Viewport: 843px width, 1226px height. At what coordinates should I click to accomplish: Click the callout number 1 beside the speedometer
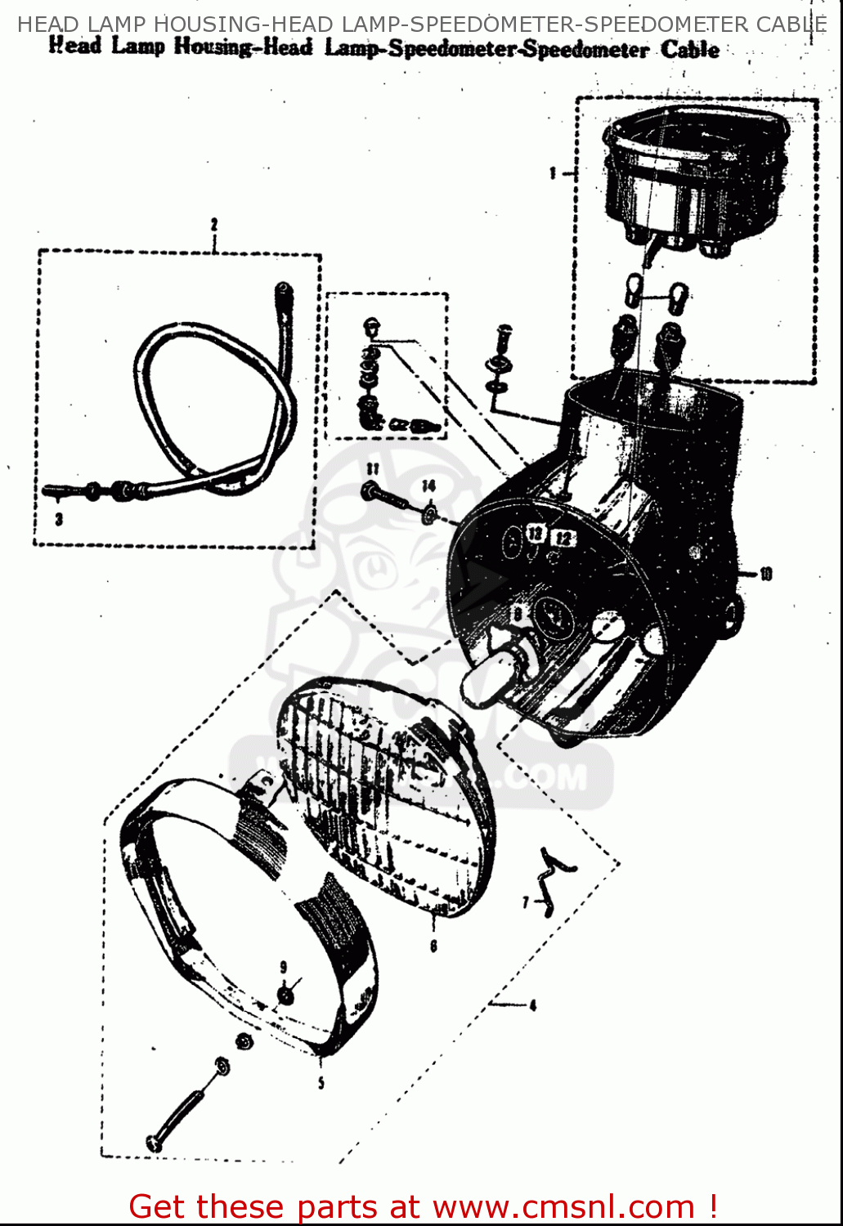553,172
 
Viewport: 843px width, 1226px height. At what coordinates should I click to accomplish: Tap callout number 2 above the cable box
214,224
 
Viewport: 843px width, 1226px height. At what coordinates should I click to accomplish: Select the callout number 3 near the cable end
59,519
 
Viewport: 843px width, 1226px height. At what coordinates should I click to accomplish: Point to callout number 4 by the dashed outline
532,1005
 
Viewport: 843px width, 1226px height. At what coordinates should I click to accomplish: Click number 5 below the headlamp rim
321,1083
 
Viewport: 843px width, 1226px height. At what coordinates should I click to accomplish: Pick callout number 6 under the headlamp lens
433,946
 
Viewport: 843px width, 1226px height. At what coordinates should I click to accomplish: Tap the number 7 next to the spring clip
527,902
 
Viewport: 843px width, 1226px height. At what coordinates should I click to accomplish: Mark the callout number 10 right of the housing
765,574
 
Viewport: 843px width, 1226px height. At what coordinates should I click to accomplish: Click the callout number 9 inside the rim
284,966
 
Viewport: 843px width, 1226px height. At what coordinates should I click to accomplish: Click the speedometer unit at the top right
695,180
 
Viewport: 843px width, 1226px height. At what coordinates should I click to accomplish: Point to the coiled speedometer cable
213,400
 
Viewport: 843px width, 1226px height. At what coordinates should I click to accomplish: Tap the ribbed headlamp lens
384,793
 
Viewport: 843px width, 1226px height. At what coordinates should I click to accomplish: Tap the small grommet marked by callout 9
285,996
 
